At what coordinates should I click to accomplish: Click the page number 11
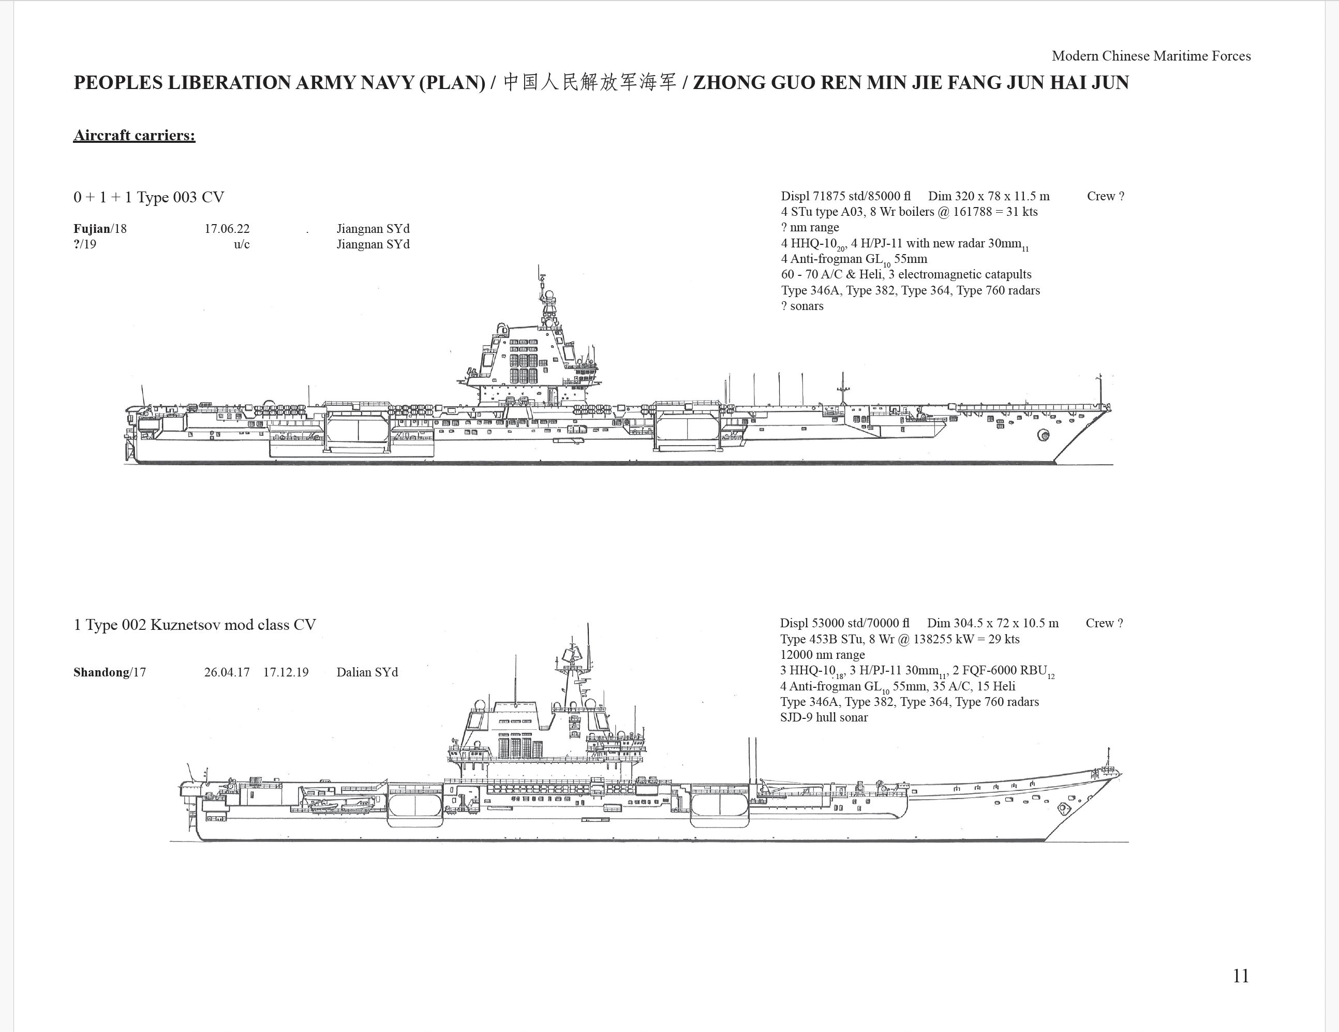point(1241,976)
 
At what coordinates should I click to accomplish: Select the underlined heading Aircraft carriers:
point(135,136)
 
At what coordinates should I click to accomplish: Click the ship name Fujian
point(92,229)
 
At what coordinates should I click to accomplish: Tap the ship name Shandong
point(101,672)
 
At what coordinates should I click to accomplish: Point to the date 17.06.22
point(227,229)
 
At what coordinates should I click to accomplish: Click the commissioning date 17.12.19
point(286,672)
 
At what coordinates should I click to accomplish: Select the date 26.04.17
point(227,672)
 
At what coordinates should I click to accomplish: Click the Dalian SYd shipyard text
point(367,672)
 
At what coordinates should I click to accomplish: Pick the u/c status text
point(242,245)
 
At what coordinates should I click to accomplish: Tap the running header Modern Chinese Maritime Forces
point(1151,56)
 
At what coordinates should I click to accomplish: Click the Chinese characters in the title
point(590,82)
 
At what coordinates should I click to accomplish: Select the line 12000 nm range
point(822,655)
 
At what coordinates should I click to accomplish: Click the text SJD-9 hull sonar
point(824,717)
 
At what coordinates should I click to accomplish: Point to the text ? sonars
point(802,306)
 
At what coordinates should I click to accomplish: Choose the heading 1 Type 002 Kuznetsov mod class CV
point(195,625)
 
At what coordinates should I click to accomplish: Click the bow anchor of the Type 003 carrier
point(1043,435)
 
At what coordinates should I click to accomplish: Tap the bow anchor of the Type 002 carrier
point(1064,809)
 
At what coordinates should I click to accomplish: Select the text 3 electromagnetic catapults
point(960,275)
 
